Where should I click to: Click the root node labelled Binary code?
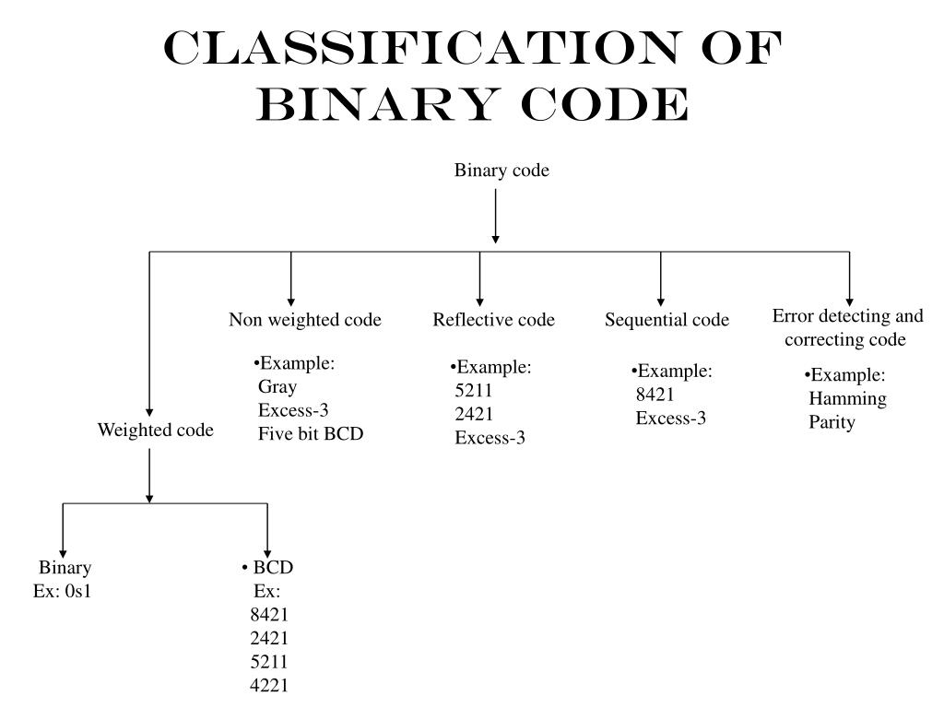click(501, 171)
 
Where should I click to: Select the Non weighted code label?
click(305, 320)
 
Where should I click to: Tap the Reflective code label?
click(493, 320)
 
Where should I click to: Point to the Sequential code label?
click(667, 320)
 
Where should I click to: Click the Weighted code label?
click(156, 431)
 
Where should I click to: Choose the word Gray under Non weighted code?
click(277, 387)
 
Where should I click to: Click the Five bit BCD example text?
click(311, 433)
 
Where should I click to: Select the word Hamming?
click(847, 399)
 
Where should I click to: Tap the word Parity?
click(832, 423)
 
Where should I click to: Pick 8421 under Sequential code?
click(655, 395)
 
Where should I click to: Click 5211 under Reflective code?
click(474, 391)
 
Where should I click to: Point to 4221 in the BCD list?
click(269, 685)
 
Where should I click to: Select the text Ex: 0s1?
click(63, 591)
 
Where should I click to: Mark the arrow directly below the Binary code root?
click(496, 216)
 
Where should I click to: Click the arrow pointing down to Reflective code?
click(479, 280)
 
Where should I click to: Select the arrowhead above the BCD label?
click(267, 547)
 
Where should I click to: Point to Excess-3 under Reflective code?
click(490, 438)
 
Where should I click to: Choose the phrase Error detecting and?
click(847, 316)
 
